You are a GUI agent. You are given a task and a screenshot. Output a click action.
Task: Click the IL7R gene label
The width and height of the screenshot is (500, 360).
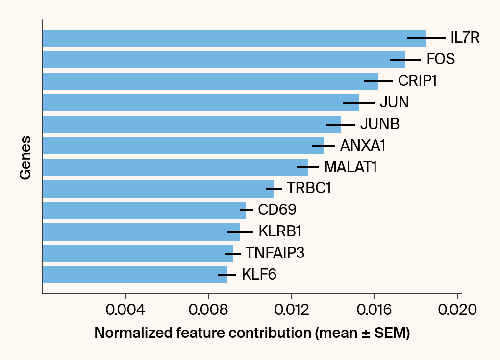point(465,38)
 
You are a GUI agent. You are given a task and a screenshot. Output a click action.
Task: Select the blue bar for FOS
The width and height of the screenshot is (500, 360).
point(224,59)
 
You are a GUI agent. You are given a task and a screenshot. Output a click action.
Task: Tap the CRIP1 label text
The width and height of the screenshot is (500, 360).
point(417,81)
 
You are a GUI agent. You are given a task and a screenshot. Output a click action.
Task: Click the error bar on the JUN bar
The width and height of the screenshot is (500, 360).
point(359,103)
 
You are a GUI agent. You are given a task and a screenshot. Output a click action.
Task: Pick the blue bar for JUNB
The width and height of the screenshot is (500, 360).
point(192,124)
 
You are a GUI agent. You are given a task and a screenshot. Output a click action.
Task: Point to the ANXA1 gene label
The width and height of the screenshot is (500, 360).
point(363,146)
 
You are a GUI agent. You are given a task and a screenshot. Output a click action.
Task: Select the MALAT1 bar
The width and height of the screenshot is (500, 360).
point(175,167)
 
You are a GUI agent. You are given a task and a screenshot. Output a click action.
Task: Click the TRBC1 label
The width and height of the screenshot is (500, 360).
point(309,188)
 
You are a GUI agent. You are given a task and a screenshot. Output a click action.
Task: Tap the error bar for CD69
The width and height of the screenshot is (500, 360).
point(246,210)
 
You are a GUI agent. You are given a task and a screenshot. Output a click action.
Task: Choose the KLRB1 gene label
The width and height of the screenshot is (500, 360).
point(280,231)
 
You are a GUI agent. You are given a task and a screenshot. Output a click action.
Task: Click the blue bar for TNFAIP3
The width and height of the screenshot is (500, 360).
point(138,253)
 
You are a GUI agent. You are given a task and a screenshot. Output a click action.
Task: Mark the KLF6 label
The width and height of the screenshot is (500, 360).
point(259,275)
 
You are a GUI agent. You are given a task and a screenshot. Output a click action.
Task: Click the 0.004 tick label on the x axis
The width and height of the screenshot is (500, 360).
point(125,310)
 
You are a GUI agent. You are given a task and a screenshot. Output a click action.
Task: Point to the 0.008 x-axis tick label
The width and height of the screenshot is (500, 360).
point(208,310)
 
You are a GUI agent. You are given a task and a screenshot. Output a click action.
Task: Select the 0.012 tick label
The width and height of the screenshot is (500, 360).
point(292,310)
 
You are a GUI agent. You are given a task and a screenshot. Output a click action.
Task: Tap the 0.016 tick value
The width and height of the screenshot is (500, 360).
point(375,310)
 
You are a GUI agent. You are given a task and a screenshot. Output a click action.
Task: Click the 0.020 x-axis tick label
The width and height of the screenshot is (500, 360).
point(457,310)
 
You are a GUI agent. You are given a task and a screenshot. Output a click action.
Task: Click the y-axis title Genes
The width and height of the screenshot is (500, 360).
point(25,157)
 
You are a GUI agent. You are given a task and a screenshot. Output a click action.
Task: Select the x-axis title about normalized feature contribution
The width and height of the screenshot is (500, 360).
point(252,334)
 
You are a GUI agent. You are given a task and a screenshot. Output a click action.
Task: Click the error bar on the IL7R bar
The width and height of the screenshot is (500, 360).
point(426,38)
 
